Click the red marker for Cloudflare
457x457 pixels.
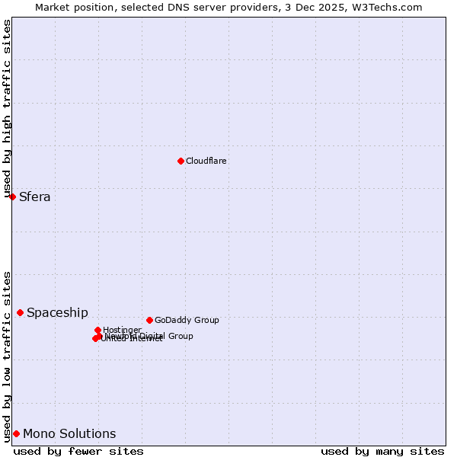click(x=181, y=161)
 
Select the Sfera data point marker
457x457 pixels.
click(x=12, y=197)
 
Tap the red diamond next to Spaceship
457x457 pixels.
click(x=20, y=312)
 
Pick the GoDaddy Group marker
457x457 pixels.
click(x=149, y=320)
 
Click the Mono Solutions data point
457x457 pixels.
click(x=16, y=433)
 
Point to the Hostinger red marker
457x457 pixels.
click(x=97, y=330)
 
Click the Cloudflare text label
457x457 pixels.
click(x=206, y=161)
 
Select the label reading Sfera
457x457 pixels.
click(x=35, y=197)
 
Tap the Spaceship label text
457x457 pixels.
click(x=57, y=312)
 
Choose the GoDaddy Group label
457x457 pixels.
click(x=187, y=320)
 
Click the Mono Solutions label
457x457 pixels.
click(x=69, y=433)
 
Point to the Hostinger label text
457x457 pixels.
click(x=122, y=330)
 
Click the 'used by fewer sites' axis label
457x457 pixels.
click(x=78, y=451)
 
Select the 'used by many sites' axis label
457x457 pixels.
click(x=382, y=451)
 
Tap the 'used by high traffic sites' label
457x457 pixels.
click(x=7, y=110)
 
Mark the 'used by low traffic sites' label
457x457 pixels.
click(x=7, y=356)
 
